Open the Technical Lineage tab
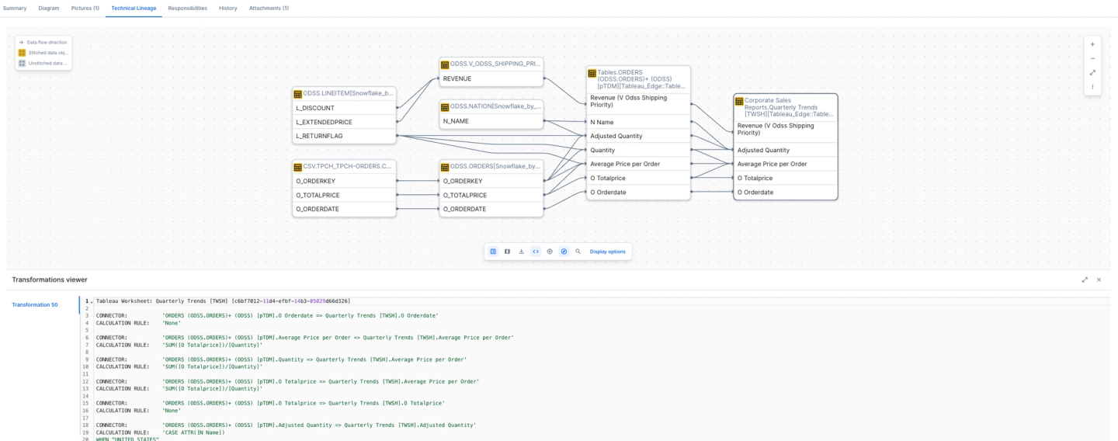click(134, 8)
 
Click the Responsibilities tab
click(187, 8)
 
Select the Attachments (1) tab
click(269, 8)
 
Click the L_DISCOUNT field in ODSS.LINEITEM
click(315, 108)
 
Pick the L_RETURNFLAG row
click(319, 136)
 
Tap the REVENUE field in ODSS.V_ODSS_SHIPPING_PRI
click(457, 78)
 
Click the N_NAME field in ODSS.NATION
click(457, 121)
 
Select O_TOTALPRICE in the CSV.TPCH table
click(319, 195)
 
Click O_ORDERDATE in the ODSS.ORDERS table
click(464, 209)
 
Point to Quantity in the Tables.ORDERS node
click(602, 150)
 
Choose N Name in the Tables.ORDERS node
click(602, 121)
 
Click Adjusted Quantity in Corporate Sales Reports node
click(763, 150)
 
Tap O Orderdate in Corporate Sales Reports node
click(755, 192)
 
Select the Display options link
click(607, 252)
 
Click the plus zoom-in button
click(1092, 44)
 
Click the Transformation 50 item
click(35, 304)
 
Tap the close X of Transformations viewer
click(1099, 280)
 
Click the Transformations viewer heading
click(50, 280)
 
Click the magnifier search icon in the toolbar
click(578, 252)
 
